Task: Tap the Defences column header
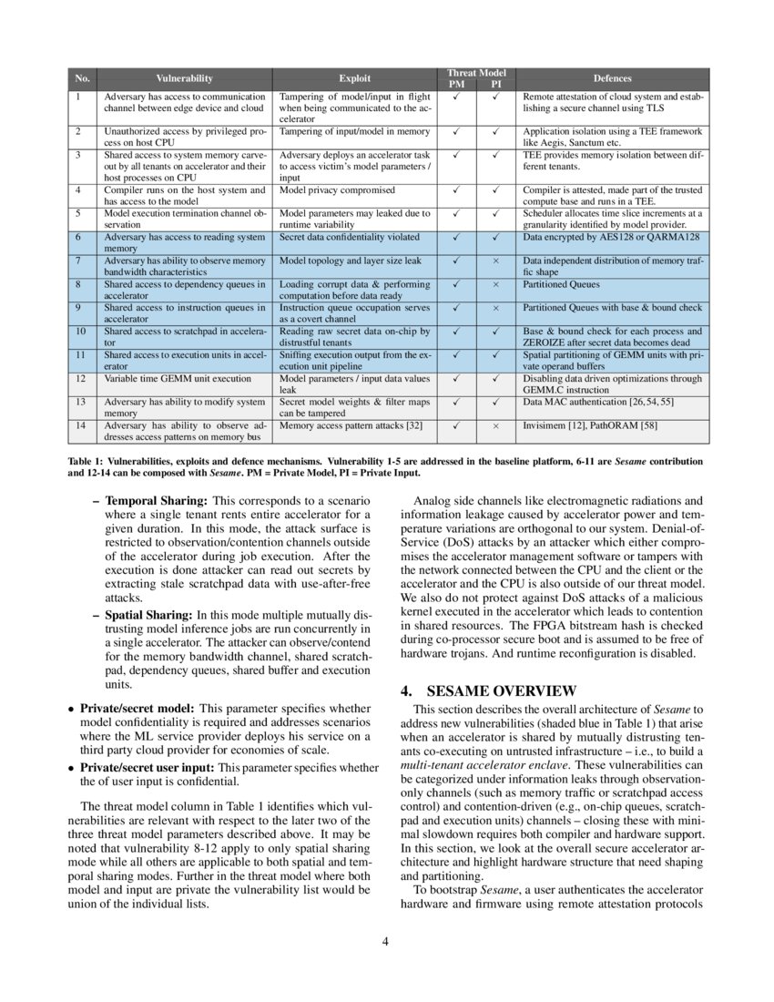click(x=612, y=78)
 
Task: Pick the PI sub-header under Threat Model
click(x=496, y=85)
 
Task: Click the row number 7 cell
click(x=79, y=261)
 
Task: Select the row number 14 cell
click(x=80, y=424)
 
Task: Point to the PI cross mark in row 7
click(x=496, y=261)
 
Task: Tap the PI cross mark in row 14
click(x=496, y=424)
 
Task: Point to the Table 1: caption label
click(x=86, y=462)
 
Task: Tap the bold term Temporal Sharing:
click(x=157, y=501)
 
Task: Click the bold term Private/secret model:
click(x=137, y=707)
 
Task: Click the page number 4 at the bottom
click(x=386, y=941)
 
